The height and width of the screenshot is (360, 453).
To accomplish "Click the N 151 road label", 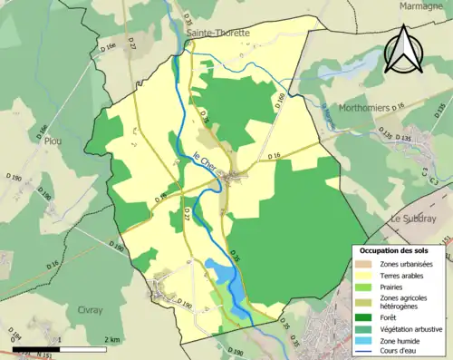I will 43,354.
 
